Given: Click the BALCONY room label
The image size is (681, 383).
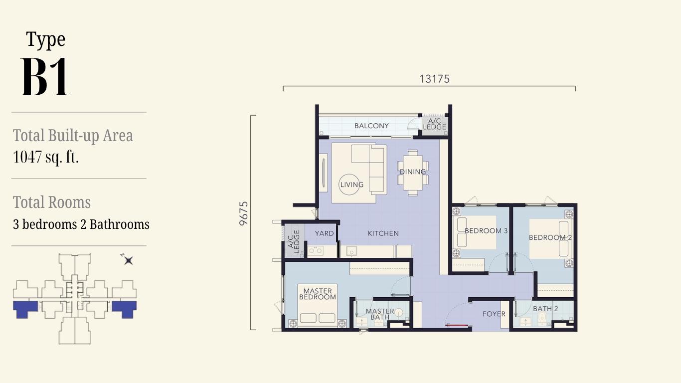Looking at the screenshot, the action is (371, 126).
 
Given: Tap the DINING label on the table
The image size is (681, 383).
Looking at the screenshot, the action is (413, 172).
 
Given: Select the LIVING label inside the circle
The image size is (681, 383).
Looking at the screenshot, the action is (352, 185).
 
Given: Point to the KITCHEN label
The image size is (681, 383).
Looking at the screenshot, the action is (383, 233).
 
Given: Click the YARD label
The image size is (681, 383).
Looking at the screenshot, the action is (324, 233).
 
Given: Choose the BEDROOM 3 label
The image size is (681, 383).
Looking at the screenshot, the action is (486, 230).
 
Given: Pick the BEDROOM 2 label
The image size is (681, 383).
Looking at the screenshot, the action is (550, 237).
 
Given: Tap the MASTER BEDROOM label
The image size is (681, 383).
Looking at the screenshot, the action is (318, 294).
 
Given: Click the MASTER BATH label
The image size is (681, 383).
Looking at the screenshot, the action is (380, 314).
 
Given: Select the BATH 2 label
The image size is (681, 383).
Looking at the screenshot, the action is (545, 309).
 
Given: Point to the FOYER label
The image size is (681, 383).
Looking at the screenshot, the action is (494, 314).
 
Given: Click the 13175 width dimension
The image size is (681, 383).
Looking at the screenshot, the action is (434, 79).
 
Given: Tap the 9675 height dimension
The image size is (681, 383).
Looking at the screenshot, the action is (244, 213).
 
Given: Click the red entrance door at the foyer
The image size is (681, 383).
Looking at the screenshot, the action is (456, 325).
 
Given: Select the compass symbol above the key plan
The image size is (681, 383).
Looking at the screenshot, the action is (128, 260).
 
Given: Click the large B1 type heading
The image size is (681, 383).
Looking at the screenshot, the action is (45, 77).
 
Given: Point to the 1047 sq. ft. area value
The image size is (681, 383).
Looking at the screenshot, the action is (45, 157).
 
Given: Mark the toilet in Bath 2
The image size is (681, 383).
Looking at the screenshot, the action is (542, 319).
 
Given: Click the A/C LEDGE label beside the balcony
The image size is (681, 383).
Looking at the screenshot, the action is (434, 124).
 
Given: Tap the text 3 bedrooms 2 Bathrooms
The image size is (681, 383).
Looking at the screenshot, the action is (81, 224).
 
